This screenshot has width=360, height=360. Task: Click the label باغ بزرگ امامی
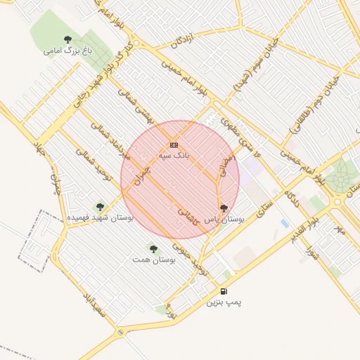click(67, 51)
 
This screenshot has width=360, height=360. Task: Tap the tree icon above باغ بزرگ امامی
click(67, 39)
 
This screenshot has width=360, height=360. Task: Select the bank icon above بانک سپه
click(174, 145)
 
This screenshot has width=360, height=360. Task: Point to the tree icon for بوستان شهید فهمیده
click(100, 207)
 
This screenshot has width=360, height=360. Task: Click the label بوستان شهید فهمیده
click(100, 218)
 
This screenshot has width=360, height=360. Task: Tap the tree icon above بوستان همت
click(153, 249)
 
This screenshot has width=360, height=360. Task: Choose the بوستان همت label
click(153, 259)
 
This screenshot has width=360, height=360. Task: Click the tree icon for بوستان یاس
click(224, 208)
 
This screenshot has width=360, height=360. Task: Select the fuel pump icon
click(224, 291)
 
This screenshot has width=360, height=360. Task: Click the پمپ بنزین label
click(224, 302)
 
